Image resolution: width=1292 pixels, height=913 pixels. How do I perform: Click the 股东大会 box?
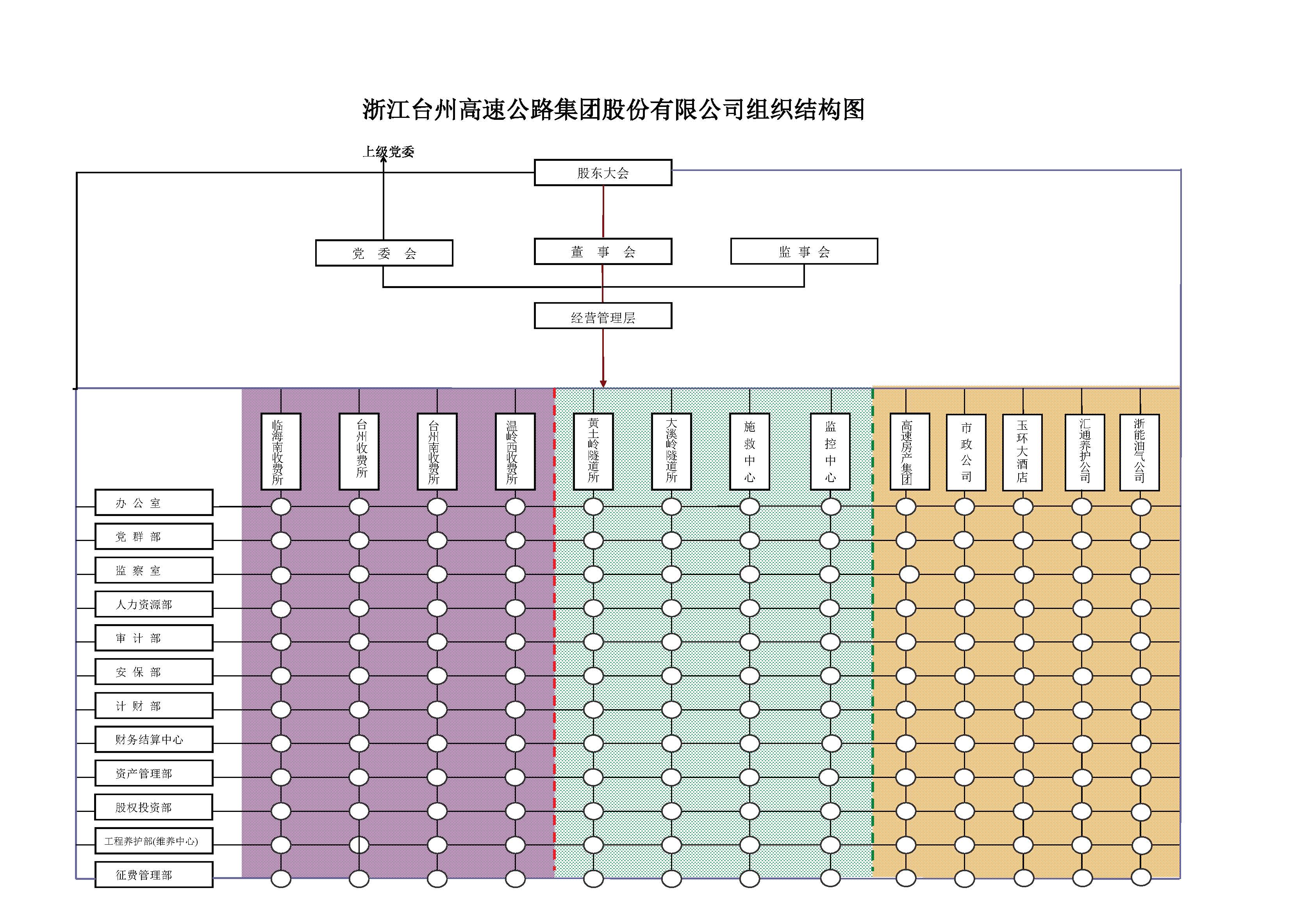tap(603, 173)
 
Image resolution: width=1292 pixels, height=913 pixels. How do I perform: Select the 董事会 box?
tap(603, 251)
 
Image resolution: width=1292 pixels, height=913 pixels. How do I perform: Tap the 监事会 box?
tap(803, 251)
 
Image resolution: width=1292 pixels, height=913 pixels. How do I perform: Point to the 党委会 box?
tap(384, 253)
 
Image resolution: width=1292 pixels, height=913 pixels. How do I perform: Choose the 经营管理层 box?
tap(603, 317)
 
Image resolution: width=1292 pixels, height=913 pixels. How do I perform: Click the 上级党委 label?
tap(388, 151)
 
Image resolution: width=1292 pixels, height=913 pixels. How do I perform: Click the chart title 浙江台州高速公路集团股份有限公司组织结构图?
tap(613, 109)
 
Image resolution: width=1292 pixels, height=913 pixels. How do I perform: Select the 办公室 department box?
tap(153, 502)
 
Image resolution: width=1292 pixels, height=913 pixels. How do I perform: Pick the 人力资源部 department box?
tap(153, 604)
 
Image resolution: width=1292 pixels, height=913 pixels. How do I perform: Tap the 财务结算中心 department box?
tap(153, 739)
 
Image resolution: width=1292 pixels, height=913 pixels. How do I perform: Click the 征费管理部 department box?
tap(153, 875)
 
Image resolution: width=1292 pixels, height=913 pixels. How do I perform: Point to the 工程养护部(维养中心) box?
tap(153, 841)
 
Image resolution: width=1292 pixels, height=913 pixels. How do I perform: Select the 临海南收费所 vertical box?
tap(281, 452)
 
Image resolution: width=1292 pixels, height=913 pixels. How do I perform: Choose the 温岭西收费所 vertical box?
tap(515, 452)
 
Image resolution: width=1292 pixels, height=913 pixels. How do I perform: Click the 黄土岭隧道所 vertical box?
tap(593, 452)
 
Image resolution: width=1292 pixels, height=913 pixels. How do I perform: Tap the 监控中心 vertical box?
tap(830, 452)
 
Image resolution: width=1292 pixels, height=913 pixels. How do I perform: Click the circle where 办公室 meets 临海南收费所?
tap(281, 506)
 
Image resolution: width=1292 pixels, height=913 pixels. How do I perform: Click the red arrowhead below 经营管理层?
tap(603, 384)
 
